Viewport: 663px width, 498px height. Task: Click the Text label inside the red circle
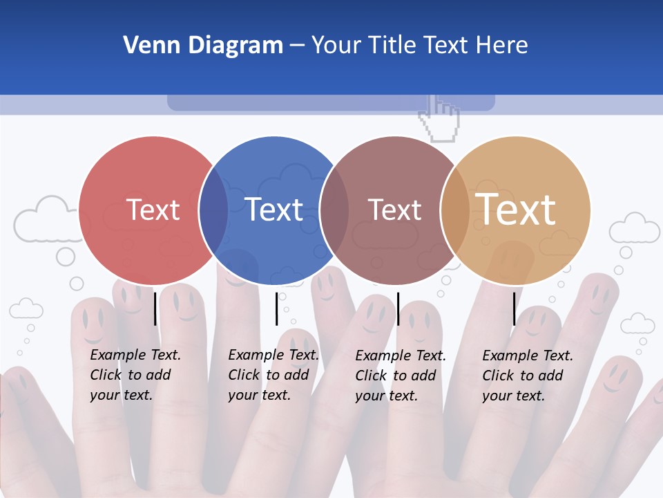pyautogui.click(x=153, y=210)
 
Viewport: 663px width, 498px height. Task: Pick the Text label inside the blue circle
pyautogui.click(x=273, y=210)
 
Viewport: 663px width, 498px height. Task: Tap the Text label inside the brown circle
pyautogui.click(x=394, y=210)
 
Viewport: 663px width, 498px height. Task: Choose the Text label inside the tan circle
pyautogui.click(x=516, y=210)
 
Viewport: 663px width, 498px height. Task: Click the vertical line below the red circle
pyautogui.click(x=155, y=308)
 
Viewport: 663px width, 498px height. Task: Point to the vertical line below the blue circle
pyautogui.click(x=277, y=308)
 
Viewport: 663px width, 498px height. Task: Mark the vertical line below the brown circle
pyautogui.click(x=398, y=308)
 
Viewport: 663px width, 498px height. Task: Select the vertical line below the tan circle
pyautogui.click(x=515, y=308)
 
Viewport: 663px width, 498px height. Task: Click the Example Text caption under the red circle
pyautogui.click(x=135, y=375)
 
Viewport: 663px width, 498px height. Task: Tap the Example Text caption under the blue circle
pyautogui.click(x=273, y=375)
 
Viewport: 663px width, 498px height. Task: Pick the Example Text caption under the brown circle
pyautogui.click(x=401, y=376)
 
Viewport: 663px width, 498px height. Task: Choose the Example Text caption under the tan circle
pyautogui.click(x=528, y=376)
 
